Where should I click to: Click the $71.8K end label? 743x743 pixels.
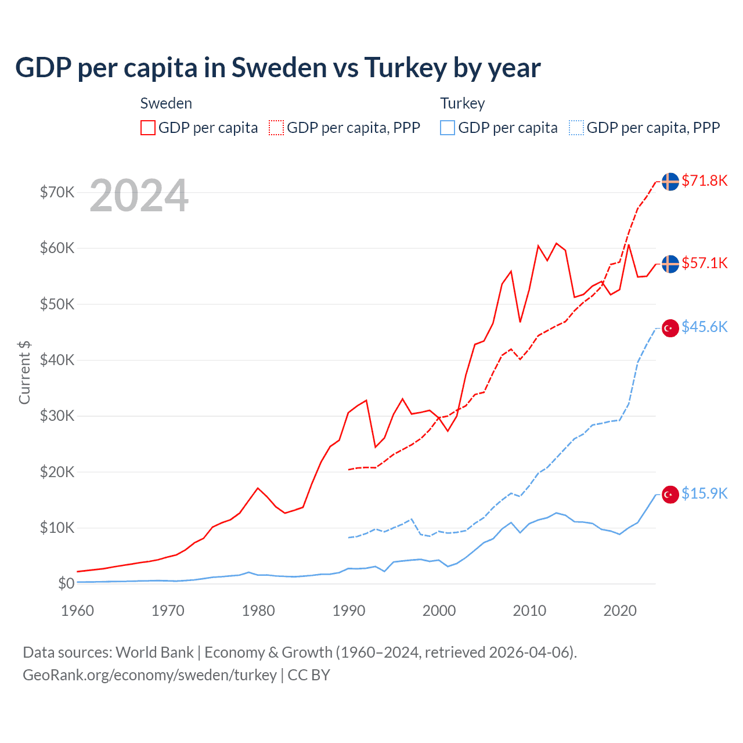tap(704, 181)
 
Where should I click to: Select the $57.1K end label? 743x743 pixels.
tap(704, 263)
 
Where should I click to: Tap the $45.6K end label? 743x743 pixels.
tap(704, 327)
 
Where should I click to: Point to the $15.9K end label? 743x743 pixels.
tap(704, 493)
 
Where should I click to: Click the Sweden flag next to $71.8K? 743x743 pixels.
tap(670, 181)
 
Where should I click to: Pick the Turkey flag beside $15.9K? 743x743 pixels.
tap(670, 494)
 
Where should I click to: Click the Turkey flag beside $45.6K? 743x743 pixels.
tap(670, 328)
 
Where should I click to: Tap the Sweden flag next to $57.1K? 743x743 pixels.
tap(670, 264)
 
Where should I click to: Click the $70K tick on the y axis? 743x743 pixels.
tap(57, 192)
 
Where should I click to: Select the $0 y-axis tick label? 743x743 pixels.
tap(66, 583)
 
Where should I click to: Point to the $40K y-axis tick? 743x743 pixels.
tap(57, 360)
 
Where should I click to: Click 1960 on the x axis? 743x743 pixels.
tap(77, 611)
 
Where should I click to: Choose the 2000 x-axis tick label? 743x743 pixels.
tap(439, 611)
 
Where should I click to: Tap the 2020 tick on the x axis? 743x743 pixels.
tap(620, 611)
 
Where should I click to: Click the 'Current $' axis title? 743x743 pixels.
tap(24, 372)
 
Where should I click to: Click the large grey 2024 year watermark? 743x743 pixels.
tap(139, 196)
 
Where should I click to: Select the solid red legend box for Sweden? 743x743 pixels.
tap(148, 128)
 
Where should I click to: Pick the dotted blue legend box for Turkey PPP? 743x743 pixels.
tap(576, 128)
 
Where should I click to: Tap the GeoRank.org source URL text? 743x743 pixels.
tap(150, 675)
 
